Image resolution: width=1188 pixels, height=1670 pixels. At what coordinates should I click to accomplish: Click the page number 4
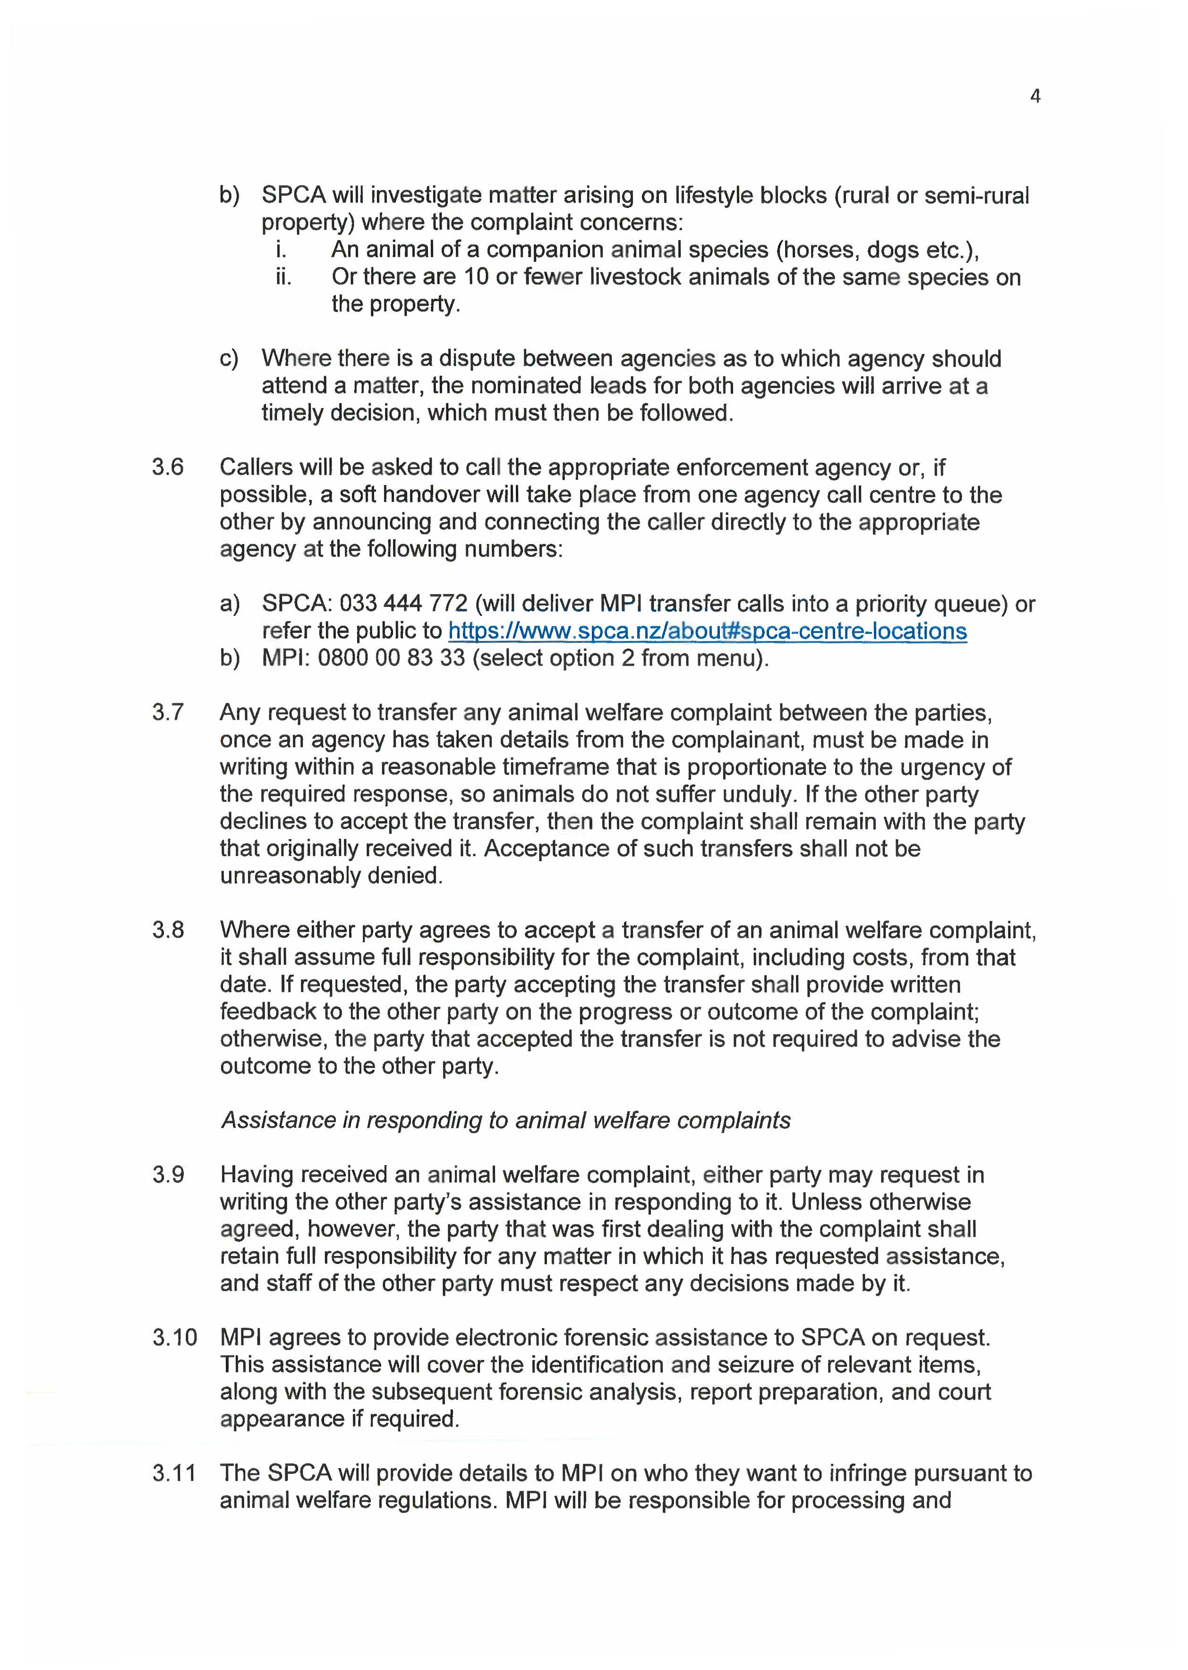click(1034, 96)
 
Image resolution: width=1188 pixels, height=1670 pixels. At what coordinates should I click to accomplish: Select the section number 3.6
click(168, 467)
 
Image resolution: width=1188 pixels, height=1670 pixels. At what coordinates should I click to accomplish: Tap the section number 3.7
click(168, 712)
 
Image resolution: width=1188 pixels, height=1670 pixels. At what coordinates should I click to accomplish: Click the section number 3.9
click(168, 1175)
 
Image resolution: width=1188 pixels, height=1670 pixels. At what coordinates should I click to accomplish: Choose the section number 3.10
click(174, 1337)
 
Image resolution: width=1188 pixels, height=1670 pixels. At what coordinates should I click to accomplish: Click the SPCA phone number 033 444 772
click(403, 604)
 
